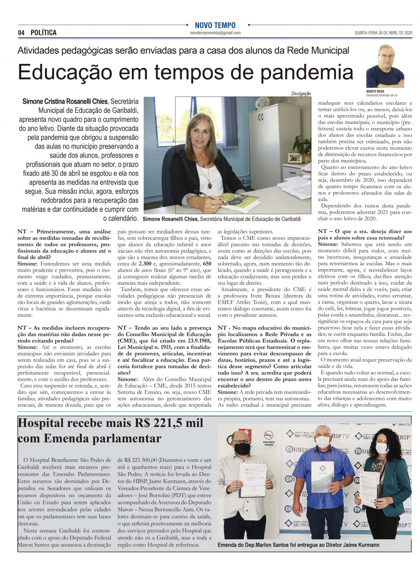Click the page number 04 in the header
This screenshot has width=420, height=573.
pos(21,33)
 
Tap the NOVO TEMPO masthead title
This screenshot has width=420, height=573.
pos(215,25)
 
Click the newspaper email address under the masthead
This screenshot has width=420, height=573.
pos(215,33)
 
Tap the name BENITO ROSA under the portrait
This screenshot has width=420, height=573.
pos(376,91)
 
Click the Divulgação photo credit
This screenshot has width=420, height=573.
pos(301,94)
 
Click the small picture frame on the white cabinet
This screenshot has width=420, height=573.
pos(294,157)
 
